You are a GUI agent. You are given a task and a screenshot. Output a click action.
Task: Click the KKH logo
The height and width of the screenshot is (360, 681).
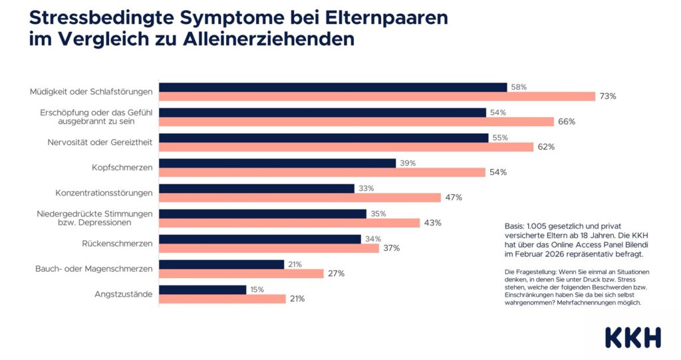[633, 337]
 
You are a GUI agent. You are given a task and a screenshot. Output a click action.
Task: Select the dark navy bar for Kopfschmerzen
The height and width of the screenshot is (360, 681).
[277, 163]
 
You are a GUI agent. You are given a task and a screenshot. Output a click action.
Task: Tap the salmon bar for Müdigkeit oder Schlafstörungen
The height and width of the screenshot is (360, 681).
[376, 96]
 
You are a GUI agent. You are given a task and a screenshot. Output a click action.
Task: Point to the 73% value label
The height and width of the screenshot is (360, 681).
[607, 96]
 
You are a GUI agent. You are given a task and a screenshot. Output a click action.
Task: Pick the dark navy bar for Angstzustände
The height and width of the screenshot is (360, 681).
[202, 289]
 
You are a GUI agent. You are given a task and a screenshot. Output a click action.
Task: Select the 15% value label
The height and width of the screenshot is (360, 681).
[256, 289]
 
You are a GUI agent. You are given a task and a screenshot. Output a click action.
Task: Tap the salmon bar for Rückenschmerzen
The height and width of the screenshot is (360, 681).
[269, 248]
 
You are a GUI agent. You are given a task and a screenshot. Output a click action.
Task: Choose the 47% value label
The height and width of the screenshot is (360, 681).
[454, 198]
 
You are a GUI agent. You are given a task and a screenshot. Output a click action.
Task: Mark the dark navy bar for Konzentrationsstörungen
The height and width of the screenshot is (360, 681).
[256, 188]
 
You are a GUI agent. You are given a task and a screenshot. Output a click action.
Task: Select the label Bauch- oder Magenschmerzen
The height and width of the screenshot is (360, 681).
[94, 269]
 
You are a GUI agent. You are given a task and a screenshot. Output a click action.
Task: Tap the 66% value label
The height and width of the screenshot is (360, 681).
[567, 122]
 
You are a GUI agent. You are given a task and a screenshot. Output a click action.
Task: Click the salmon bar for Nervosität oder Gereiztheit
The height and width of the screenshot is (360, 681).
[346, 147]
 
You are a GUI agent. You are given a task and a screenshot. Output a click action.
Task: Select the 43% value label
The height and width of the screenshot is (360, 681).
[432, 223]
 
